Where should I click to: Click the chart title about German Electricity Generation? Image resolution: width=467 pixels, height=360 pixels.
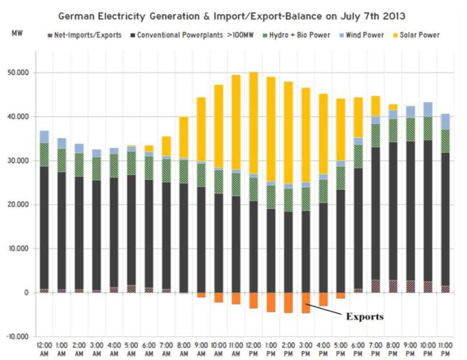(x=233, y=16)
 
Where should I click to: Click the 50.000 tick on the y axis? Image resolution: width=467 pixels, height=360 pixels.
(x=18, y=73)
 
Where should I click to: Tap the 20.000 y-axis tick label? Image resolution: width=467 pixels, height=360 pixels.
(x=18, y=205)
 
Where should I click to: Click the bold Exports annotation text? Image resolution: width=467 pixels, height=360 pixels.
(x=365, y=316)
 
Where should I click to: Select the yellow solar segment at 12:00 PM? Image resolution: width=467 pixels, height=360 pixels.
(x=253, y=123)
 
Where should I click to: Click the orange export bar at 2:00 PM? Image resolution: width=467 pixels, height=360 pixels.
(x=288, y=302)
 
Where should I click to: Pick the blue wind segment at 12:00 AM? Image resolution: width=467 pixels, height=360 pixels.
(x=44, y=136)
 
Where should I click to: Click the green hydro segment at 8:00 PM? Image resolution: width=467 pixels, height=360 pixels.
(x=393, y=131)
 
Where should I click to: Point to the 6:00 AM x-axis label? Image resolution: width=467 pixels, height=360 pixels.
(x=148, y=349)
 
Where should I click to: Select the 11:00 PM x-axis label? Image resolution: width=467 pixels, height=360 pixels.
(x=445, y=349)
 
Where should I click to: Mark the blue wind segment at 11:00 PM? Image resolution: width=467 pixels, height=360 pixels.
(x=445, y=122)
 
